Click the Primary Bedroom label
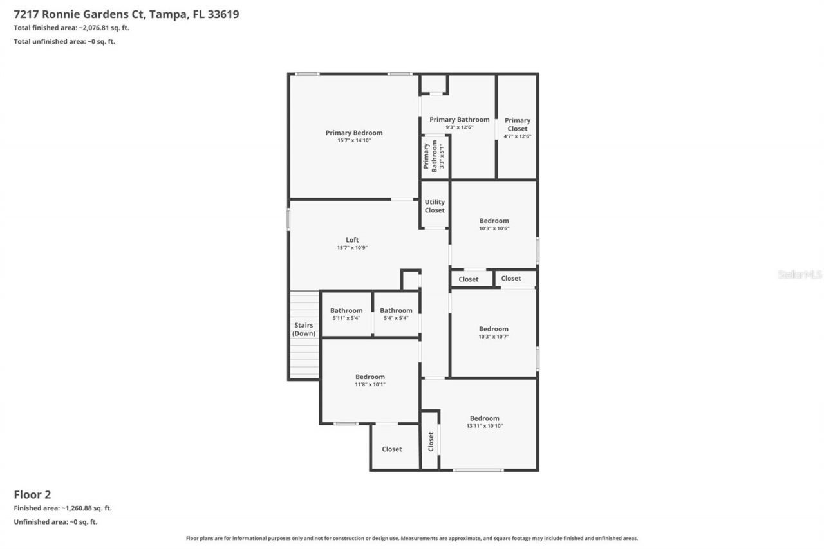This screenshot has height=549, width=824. coord(353,133)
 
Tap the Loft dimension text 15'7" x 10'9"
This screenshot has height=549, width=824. coord(352,248)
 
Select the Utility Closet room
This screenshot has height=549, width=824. coord(435,206)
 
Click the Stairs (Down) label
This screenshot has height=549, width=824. coord(304,330)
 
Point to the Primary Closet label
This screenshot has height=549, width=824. coord(517,124)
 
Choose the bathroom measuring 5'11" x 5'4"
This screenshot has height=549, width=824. coord(346,313)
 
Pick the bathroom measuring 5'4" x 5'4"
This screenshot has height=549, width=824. coord(396,313)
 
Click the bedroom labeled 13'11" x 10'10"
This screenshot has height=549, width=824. coord(484,422)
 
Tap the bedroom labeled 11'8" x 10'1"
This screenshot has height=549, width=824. coord(370,380)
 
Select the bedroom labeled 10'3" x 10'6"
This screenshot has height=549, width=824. coord(494,224)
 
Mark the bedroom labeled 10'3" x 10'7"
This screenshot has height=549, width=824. coord(494,332)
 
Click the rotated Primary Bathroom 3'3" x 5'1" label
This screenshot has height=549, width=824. coord(435,156)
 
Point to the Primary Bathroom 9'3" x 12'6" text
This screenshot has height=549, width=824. coord(459,124)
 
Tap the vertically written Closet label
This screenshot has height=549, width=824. coord(431,441)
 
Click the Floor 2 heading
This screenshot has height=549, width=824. coord(32,494)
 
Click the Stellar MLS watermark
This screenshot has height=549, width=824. coord(800,274)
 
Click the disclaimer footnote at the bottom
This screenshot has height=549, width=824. coord(412,538)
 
